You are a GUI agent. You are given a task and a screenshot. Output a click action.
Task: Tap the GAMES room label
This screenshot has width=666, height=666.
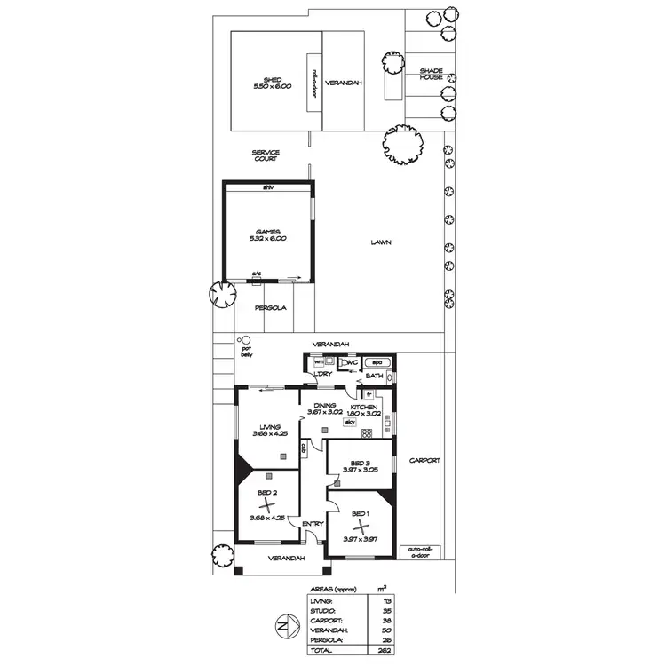coord(267,234)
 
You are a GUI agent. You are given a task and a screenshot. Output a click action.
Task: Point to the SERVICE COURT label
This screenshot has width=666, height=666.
coord(266,155)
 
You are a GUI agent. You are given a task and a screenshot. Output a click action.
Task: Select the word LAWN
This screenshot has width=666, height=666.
coord(382,242)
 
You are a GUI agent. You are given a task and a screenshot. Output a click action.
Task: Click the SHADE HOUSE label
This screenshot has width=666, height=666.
coord(432,74)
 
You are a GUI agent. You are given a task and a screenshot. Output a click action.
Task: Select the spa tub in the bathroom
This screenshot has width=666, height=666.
coord(377,363)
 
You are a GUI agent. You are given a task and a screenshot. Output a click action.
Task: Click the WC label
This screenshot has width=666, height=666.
coord(352,363)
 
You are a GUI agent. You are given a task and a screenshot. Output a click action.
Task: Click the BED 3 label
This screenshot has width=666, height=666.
coord(359,464)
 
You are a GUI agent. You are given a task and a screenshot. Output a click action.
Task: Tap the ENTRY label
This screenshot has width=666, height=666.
coord(313,524)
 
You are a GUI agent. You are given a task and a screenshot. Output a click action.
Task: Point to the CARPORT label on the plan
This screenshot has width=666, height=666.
coord(424,461)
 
